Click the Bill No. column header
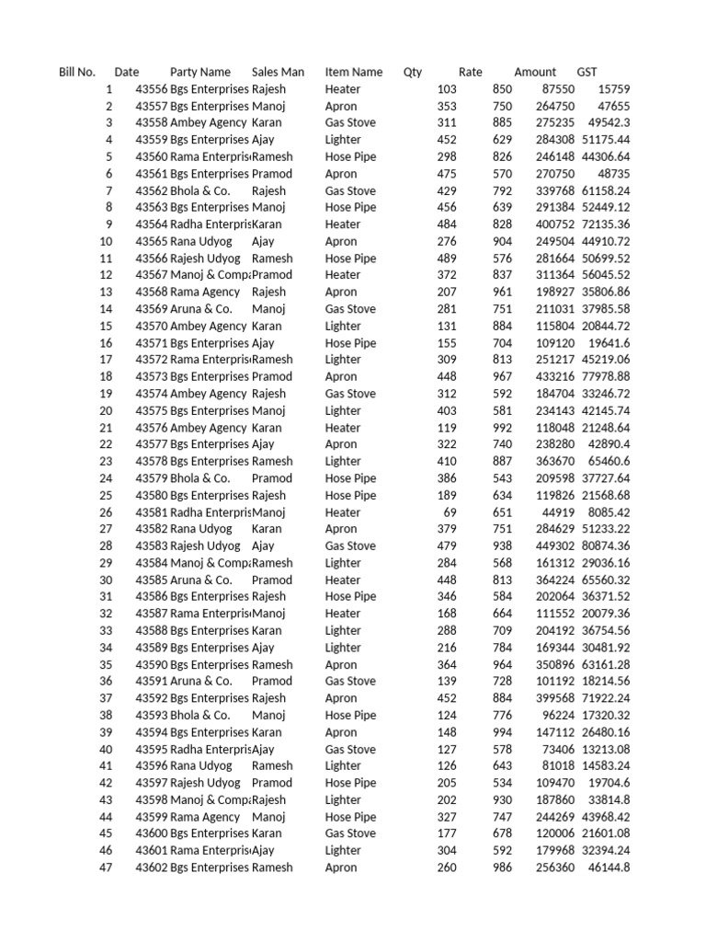coord(77,72)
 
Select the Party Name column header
coord(199,72)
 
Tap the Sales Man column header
coord(278,72)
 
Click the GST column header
coord(586,72)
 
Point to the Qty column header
coord(413,72)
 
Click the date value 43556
coord(152,89)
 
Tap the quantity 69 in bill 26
coord(450,512)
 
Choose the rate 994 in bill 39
coord(502,732)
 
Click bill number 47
coord(105,867)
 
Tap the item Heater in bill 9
coord(343,224)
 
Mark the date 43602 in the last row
coord(152,867)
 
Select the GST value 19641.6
coord(609,343)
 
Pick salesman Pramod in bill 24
coord(272,478)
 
